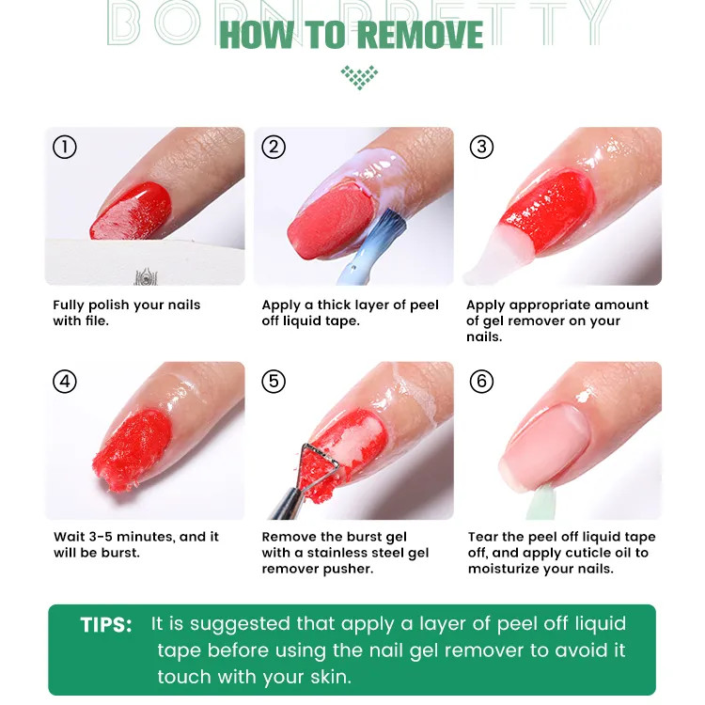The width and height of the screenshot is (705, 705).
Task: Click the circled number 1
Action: coord(65,147)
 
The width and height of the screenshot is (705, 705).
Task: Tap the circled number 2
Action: coord(274,147)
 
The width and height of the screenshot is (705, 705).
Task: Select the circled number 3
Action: coord(481,147)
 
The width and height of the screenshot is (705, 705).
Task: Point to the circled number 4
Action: coord(65,382)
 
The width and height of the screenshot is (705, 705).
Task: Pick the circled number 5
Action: coord(274,382)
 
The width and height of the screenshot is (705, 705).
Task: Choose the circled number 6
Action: coord(481,382)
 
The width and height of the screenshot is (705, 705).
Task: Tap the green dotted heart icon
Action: coord(359,77)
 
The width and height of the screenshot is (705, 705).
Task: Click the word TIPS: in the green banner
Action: coord(106,625)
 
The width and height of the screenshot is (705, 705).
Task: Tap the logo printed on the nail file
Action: coord(145,276)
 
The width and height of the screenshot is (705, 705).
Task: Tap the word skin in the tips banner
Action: coord(331,677)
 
